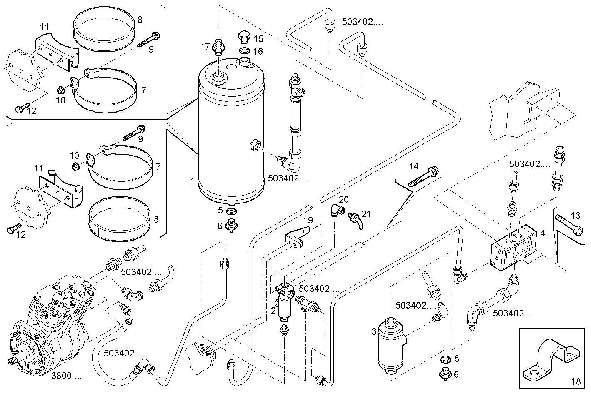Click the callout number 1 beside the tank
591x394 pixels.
tap(193, 181)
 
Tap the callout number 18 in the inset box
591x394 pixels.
tap(576, 381)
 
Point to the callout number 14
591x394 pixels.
tap(413, 166)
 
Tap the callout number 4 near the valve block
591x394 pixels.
tap(542, 233)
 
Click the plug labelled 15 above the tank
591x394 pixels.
tap(244, 36)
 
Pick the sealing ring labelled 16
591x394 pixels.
tap(244, 51)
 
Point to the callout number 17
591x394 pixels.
tap(205, 47)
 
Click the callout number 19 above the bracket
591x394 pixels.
tap(307, 221)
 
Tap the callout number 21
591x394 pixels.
tap(366, 214)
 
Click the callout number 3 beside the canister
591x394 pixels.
tap(373, 331)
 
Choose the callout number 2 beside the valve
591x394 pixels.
tap(273, 310)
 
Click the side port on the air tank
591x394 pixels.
tap(254, 146)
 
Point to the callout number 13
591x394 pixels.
tap(575, 216)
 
